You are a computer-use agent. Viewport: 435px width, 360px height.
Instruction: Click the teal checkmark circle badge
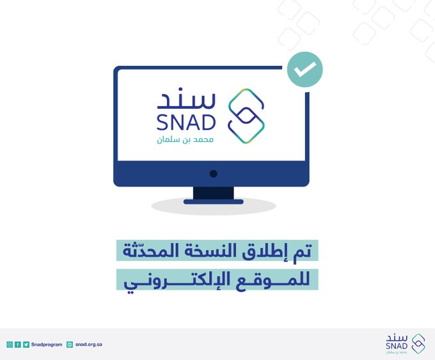pos(305,69)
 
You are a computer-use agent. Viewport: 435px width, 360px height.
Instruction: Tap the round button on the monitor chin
pos(213,174)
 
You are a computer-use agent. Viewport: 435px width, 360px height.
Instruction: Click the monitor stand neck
pos(213,193)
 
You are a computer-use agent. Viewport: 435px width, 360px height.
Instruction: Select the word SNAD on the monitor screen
pos(186,123)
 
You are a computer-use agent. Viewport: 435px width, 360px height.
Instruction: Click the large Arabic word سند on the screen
pos(186,98)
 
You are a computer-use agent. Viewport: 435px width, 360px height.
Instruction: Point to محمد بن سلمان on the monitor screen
pos(185,139)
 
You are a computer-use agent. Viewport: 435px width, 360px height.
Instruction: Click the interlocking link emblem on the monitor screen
pos(246,116)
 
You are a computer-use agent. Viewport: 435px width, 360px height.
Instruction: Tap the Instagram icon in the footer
pos(10,345)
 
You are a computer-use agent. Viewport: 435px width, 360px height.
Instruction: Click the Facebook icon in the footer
pos(18,345)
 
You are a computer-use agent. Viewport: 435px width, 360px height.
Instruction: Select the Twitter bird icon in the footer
pos(26,345)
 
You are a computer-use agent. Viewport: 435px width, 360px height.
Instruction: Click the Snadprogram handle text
pos(47,345)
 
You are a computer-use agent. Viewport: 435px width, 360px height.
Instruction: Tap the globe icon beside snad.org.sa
pos(70,345)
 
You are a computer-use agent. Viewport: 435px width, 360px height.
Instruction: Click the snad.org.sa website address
pos(89,345)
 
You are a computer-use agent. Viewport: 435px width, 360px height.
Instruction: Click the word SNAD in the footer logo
pos(397,346)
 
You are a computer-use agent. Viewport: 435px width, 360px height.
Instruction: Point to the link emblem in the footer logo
pos(418,343)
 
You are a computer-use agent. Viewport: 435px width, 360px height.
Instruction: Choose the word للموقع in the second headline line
pos(273,281)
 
